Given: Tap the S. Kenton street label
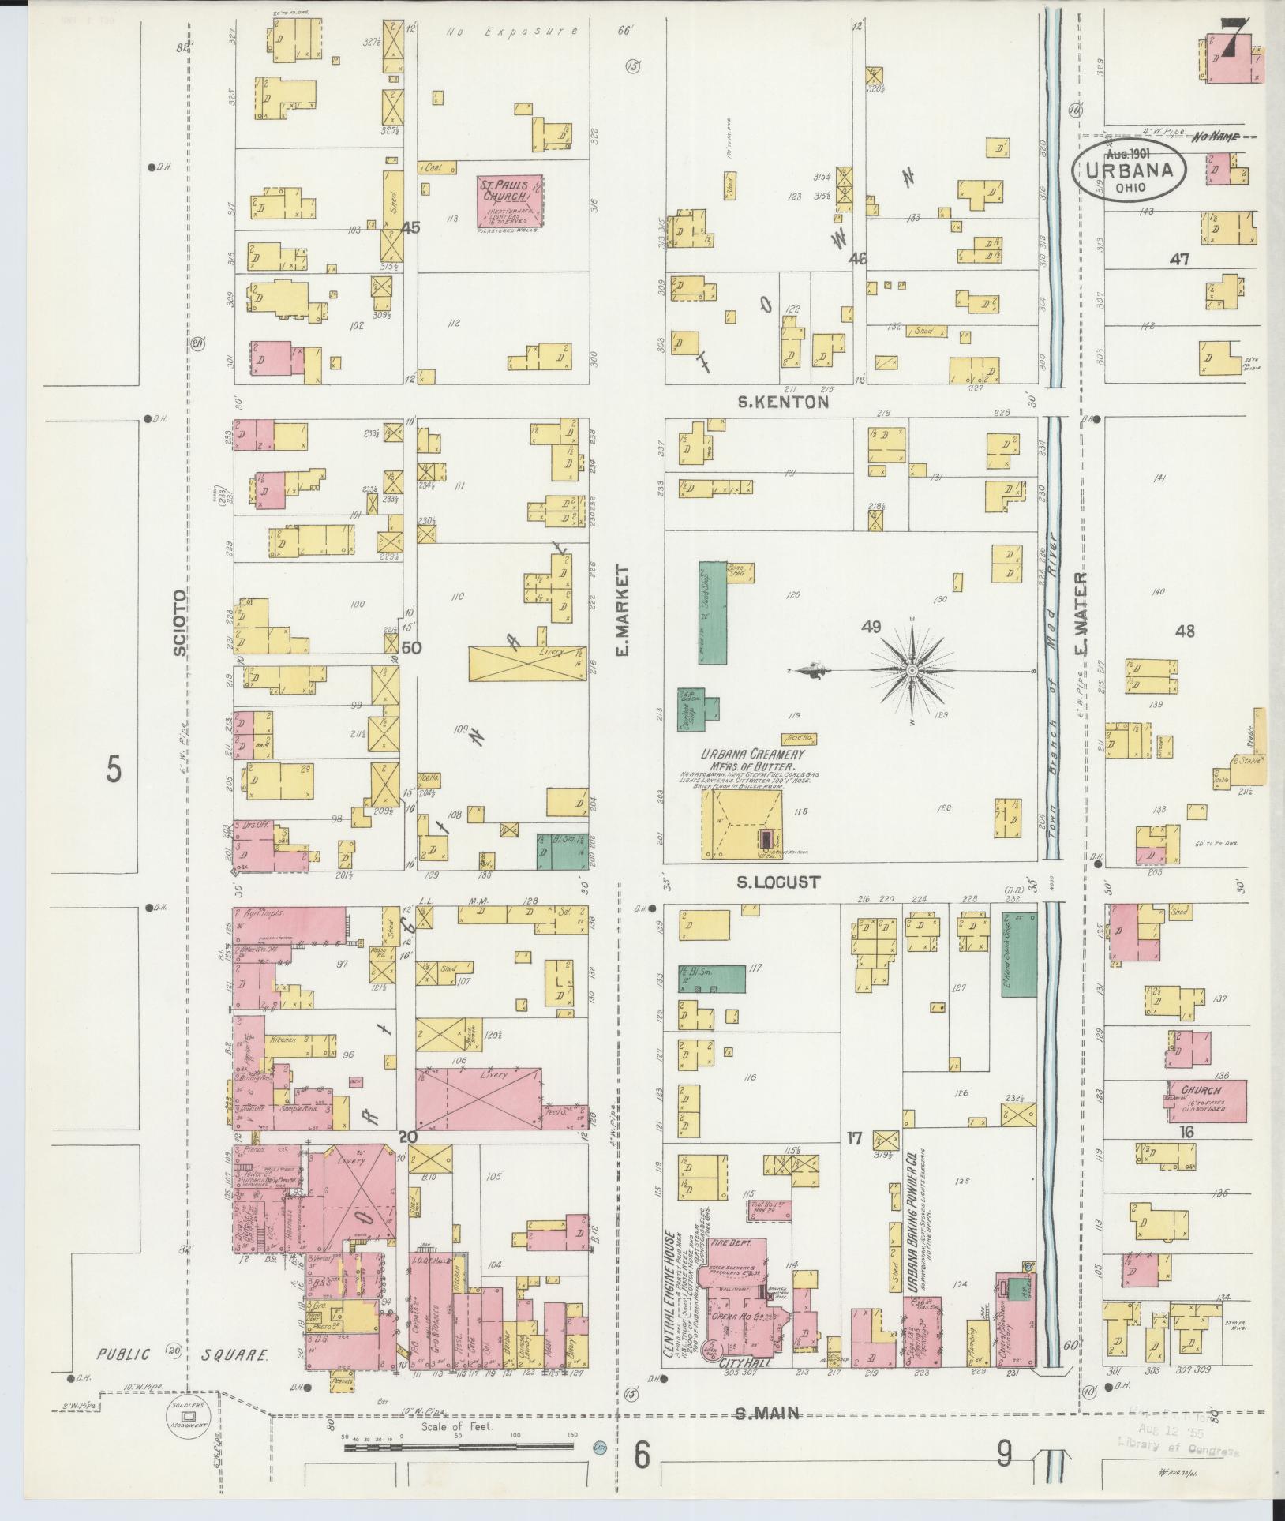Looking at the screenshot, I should (x=783, y=402).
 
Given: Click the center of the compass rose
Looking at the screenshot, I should (x=912, y=670).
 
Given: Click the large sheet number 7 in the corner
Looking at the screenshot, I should (x=1231, y=37).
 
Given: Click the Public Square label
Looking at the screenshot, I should (x=183, y=1354).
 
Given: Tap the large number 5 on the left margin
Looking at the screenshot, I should (x=114, y=769).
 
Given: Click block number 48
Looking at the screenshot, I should (x=1184, y=631).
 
